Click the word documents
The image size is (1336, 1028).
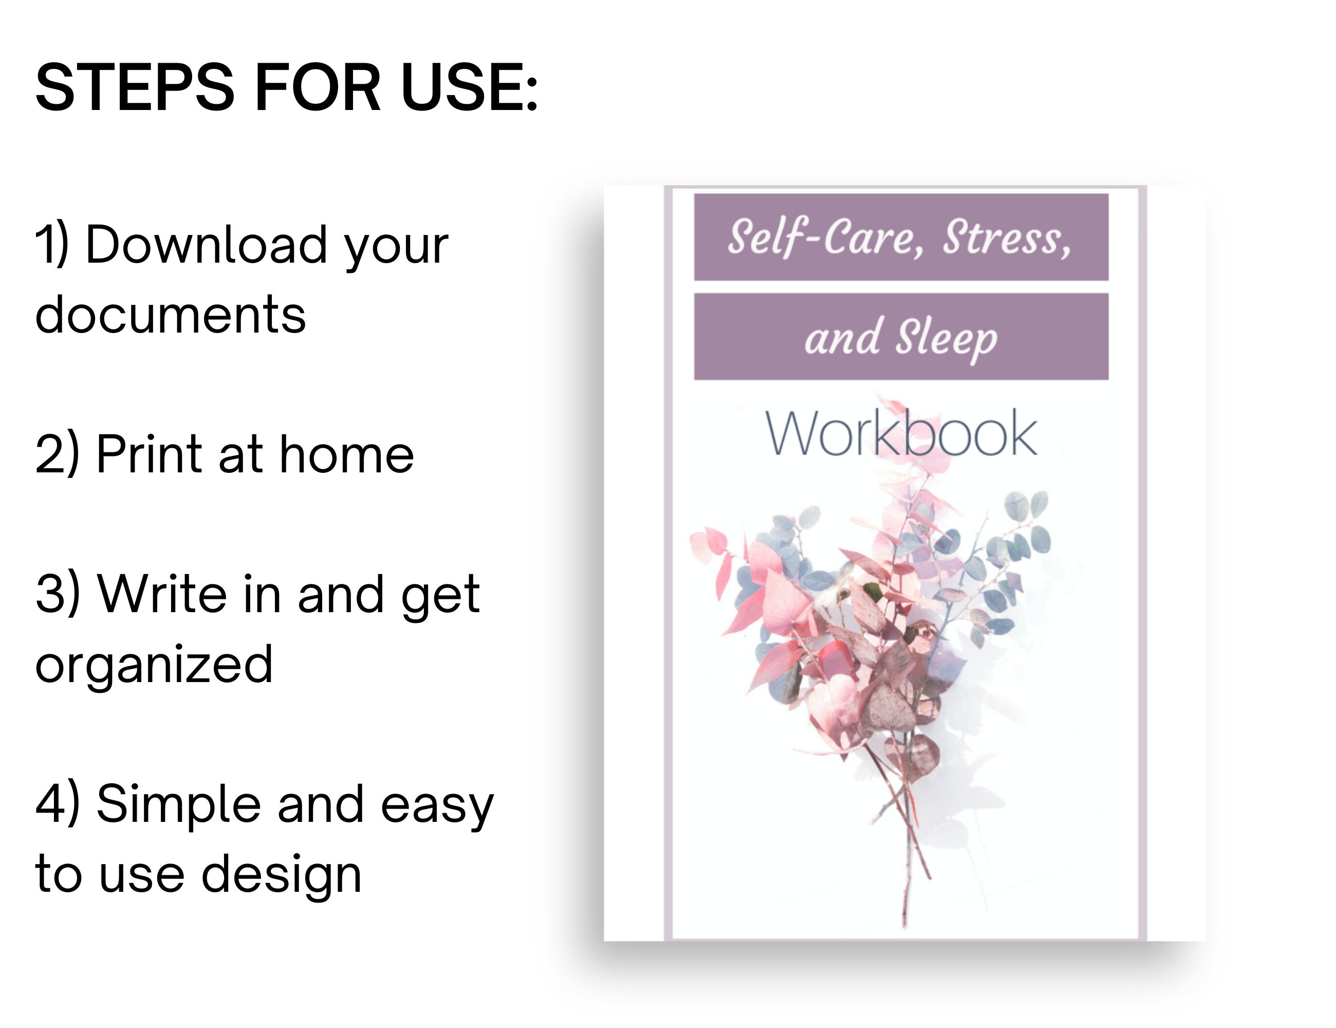(x=171, y=315)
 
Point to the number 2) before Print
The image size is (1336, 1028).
(x=57, y=454)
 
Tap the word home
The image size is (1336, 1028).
(x=346, y=454)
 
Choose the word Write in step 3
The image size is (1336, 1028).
(x=162, y=594)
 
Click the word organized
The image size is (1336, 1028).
(x=154, y=665)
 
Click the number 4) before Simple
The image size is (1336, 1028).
(x=57, y=803)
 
